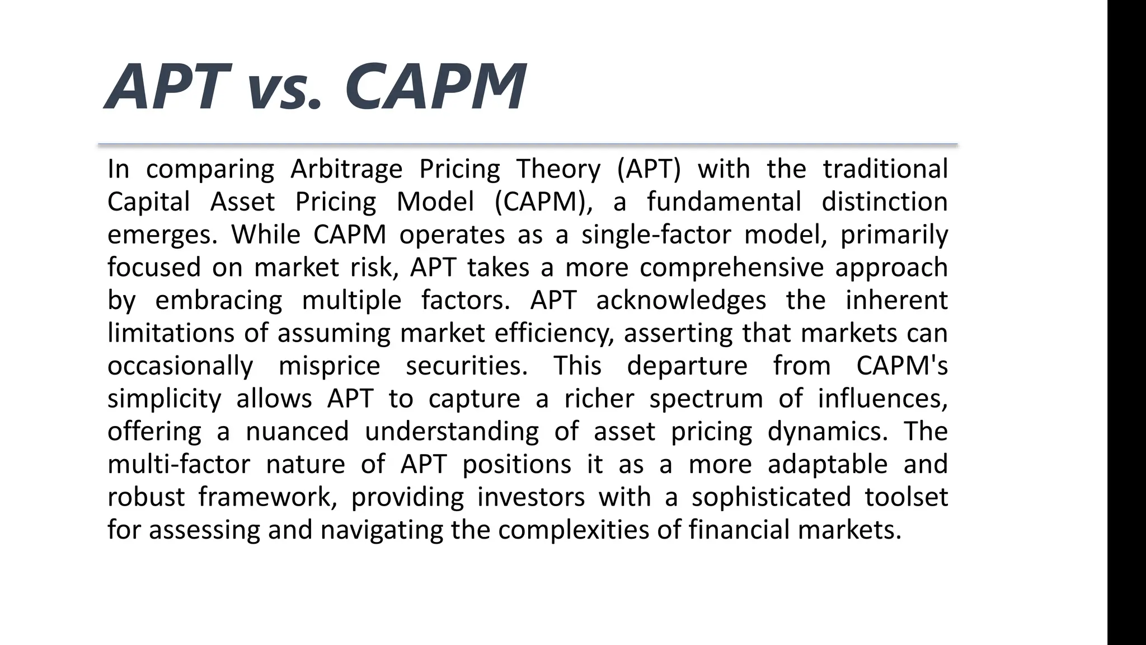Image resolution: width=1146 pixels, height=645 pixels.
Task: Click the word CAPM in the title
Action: tap(435, 87)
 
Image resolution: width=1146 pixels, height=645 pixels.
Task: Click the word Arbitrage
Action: tap(346, 169)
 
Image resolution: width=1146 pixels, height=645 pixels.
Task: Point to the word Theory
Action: tap(558, 169)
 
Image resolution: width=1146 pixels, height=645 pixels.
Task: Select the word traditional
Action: tap(885, 169)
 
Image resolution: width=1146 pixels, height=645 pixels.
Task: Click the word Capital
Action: tap(149, 202)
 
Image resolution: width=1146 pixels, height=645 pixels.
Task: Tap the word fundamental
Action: tap(724, 202)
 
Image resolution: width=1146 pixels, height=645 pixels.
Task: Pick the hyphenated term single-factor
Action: tap(656, 235)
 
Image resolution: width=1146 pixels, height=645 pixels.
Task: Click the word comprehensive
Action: tap(731, 268)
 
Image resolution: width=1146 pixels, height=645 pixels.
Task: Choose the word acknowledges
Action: tap(680, 300)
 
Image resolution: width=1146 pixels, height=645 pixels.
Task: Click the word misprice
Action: tap(329, 366)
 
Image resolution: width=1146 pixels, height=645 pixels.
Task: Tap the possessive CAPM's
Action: tap(902, 366)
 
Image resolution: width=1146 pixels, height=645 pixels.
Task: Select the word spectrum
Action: tap(706, 399)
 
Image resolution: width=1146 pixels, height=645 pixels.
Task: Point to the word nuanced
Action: tap(297, 432)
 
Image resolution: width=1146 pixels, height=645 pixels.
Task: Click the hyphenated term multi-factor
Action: tap(179, 465)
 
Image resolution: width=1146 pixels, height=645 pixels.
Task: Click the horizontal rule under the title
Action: tap(528, 145)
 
